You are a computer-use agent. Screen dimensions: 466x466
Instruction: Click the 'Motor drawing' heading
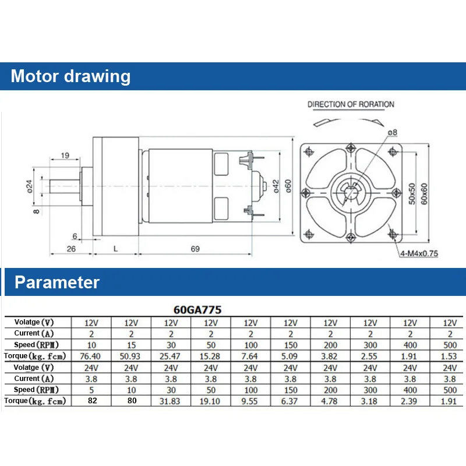click(x=70, y=76)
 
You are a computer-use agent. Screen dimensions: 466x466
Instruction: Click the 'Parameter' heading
click(x=57, y=282)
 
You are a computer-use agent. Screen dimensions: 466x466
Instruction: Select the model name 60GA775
click(x=197, y=310)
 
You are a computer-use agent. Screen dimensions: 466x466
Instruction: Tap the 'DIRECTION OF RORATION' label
click(x=351, y=104)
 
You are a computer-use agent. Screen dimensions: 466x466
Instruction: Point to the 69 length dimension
click(x=195, y=249)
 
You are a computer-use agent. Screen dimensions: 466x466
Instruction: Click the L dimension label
click(x=115, y=249)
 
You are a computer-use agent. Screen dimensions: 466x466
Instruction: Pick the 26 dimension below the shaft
click(x=71, y=249)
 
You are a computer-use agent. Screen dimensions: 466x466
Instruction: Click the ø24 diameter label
click(x=30, y=186)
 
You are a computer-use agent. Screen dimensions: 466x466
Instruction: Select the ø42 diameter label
click(x=276, y=186)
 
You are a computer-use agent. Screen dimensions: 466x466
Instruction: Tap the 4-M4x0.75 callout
click(x=419, y=253)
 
